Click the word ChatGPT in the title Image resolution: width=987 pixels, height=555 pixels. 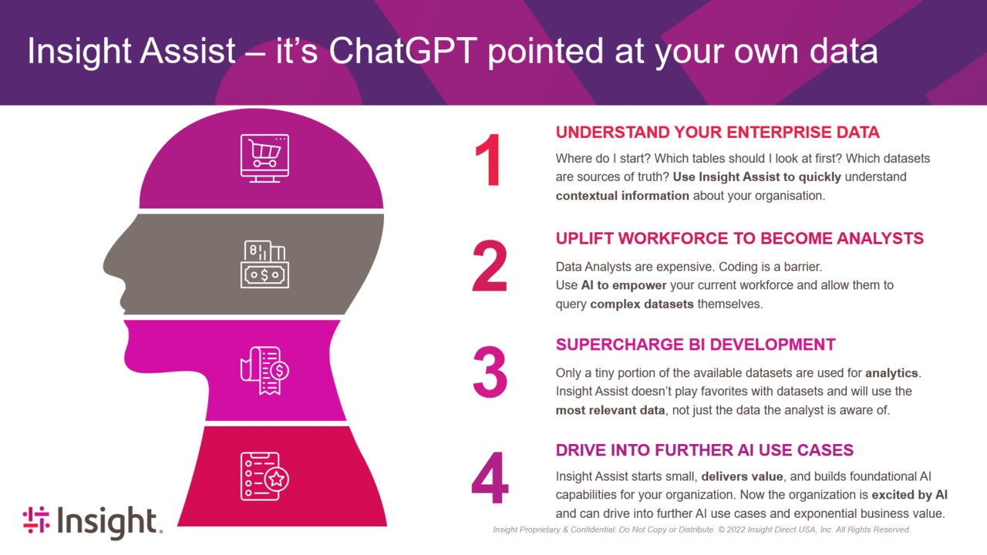[403, 51]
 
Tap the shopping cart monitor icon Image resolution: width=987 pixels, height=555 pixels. [264, 159]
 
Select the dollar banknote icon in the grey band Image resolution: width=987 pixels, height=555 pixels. [264, 264]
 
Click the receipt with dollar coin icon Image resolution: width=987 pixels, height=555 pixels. [264, 371]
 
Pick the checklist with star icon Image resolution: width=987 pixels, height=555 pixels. [264, 476]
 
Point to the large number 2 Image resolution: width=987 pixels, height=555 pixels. [490, 266]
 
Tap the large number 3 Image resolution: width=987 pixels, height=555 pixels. [490, 372]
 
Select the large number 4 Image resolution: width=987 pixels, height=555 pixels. [490, 477]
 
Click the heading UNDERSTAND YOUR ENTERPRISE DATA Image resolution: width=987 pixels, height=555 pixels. [717, 132]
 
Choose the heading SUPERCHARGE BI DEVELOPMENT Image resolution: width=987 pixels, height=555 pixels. [696, 345]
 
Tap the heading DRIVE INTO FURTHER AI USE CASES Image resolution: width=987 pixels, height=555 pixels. [705, 450]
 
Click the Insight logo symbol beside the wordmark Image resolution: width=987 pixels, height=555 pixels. [36, 520]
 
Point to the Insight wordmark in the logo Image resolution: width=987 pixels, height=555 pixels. [109, 522]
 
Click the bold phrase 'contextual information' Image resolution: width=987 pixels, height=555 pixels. [622, 196]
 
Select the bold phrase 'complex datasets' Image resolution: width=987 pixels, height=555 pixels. [642, 304]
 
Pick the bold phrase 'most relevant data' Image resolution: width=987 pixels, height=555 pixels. [610, 410]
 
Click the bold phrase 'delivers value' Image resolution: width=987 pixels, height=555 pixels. [742, 476]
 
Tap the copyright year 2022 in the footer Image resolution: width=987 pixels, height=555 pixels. [736, 530]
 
